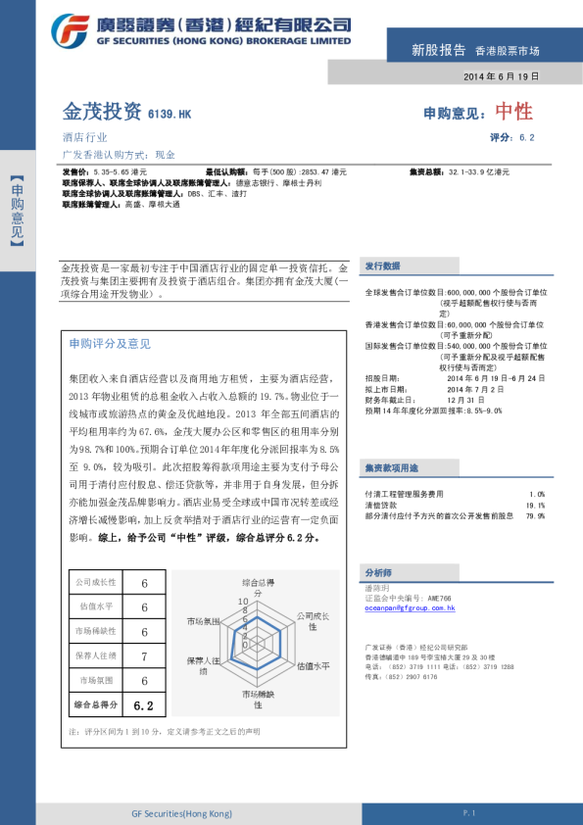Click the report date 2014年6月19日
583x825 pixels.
pyautogui.click(x=501, y=76)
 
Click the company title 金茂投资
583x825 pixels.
pyautogui.click(x=102, y=112)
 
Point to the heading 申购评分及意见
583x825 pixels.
pyautogui.click(x=110, y=344)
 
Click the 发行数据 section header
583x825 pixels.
pyautogui.click(x=382, y=267)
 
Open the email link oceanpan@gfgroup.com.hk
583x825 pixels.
pyautogui.click(x=410, y=608)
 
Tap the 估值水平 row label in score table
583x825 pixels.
pyautogui.click(x=96, y=607)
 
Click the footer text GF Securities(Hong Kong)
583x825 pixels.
pyautogui.click(x=181, y=813)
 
